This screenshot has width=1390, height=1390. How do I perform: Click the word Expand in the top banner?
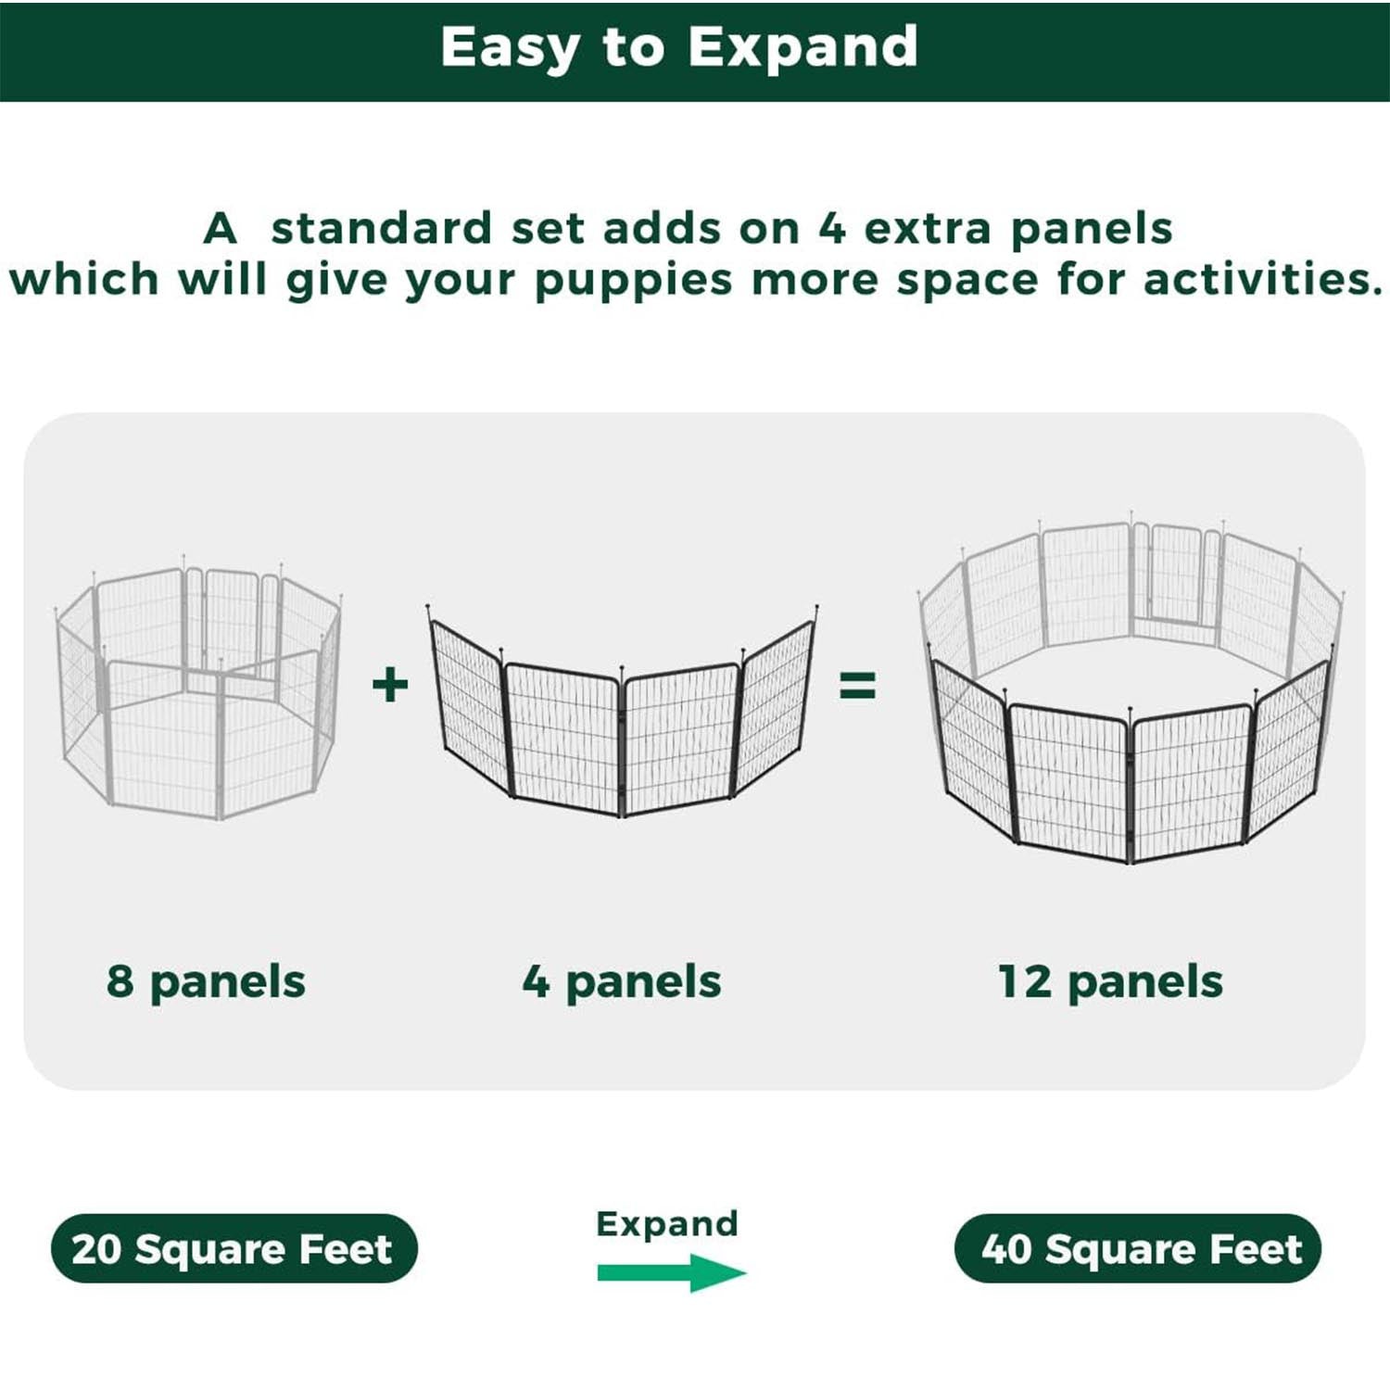(x=802, y=48)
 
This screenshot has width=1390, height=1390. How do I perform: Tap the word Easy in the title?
(x=508, y=48)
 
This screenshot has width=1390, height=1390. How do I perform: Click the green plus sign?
(x=390, y=686)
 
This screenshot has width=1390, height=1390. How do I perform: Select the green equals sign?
(x=857, y=687)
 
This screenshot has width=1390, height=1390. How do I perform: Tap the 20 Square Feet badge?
(x=234, y=1248)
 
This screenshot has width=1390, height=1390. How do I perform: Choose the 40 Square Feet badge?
(x=1138, y=1248)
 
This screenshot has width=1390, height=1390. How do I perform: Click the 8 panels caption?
(x=206, y=981)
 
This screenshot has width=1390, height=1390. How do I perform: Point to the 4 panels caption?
(x=622, y=981)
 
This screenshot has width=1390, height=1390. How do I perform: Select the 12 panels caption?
(x=1110, y=981)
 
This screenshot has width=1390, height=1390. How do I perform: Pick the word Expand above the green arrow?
(x=667, y=1223)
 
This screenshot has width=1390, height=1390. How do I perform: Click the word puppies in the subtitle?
(x=634, y=281)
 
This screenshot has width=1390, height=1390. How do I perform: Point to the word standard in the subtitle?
(x=381, y=229)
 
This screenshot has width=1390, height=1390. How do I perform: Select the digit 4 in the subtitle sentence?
(x=832, y=229)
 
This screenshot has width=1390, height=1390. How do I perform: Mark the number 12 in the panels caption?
(x=1024, y=981)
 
